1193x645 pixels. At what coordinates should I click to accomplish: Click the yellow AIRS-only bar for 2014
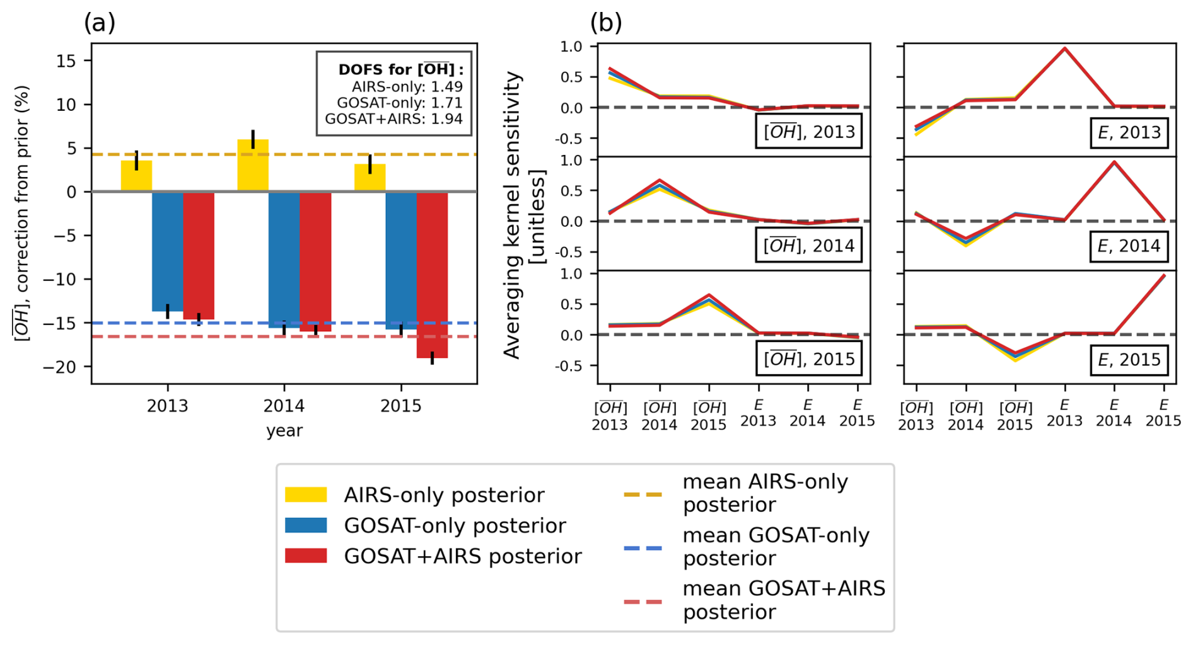click(x=253, y=166)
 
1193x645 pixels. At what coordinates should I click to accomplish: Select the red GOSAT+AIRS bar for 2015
click(x=432, y=275)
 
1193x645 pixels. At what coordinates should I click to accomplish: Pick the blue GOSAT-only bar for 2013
click(x=168, y=251)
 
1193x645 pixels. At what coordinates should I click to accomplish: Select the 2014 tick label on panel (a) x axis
click(x=284, y=406)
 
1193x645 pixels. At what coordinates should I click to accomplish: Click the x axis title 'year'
click(x=284, y=431)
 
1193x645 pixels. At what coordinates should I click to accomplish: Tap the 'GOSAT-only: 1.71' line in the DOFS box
click(x=399, y=103)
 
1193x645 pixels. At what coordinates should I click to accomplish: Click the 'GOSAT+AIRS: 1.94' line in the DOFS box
click(x=393, y=119)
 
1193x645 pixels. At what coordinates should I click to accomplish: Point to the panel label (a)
click(x=100, y=23)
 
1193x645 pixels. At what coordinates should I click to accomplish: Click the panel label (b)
click(x=606, y=23)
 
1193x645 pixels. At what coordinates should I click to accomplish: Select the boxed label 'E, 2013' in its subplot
click(x=1129, y=132)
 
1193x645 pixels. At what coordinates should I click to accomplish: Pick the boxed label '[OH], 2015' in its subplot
click(x=809, y=359)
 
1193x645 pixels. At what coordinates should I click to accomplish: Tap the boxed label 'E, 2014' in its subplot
click(x=1129, y=246)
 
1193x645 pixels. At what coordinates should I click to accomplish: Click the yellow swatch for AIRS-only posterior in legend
click(x=306, y=494)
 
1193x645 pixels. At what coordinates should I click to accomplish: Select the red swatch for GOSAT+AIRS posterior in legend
click(x=306, y=556)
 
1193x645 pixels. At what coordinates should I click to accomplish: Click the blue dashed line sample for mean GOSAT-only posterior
click(x=643, y=548)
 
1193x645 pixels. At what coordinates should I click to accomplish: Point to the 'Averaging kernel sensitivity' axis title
click(x=513, y=214)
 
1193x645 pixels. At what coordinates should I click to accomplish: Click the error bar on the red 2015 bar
click(x=432, y=358)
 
